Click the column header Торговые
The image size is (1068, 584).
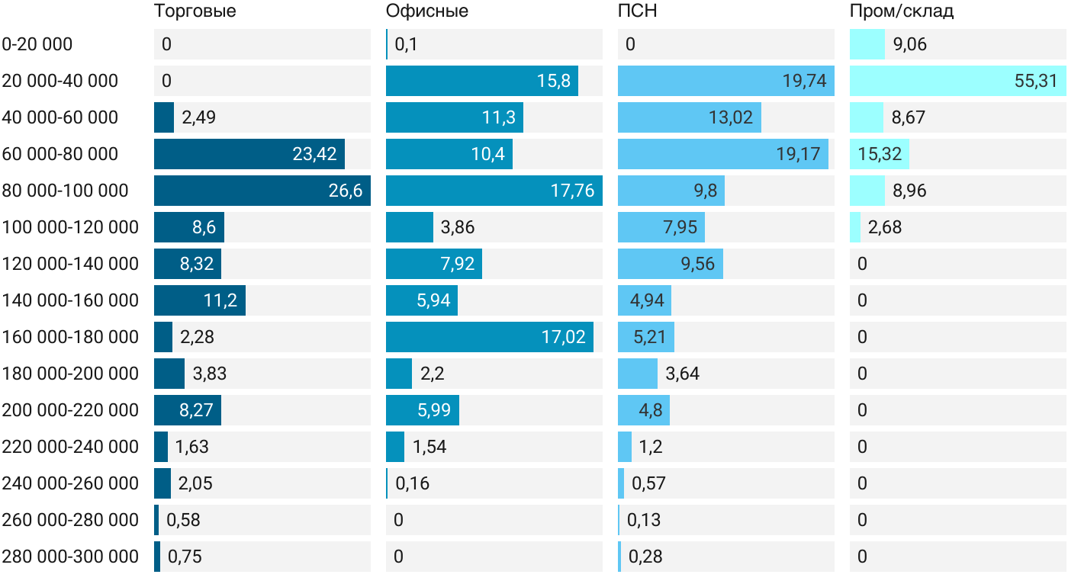click(x=195, y=11)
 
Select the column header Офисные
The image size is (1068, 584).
click(x=426, y=11)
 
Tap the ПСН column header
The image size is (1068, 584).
click(x=638, y=11)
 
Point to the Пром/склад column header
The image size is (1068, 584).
click(x=902, y=11)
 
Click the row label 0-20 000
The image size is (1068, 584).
click(x=37, y=44)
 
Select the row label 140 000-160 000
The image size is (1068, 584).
click(x=70, y=300)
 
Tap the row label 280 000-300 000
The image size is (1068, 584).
click(x=70, y=557)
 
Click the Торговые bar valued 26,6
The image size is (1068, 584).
click(x=262, y=191)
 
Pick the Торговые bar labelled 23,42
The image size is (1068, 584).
click(x=249, y=154)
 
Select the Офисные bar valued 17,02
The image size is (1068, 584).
click(x=490, y=337)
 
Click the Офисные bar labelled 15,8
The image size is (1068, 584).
click(x=482, y=81)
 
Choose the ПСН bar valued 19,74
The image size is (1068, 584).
click(x=726, y=81)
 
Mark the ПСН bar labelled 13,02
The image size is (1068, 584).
click(x=690, y=117)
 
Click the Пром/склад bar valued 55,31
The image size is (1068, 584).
click(x=958, y=81)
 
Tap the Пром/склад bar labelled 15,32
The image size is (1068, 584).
click(x=879, y=154)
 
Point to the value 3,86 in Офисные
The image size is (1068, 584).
click(x=458, y=227)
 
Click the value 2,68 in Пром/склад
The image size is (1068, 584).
click(x=885, y=227)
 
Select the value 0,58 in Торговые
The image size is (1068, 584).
click(x=183, y=520)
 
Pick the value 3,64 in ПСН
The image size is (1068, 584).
click(x=682, y=374)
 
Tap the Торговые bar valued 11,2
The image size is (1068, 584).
click(x=200, y=300)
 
